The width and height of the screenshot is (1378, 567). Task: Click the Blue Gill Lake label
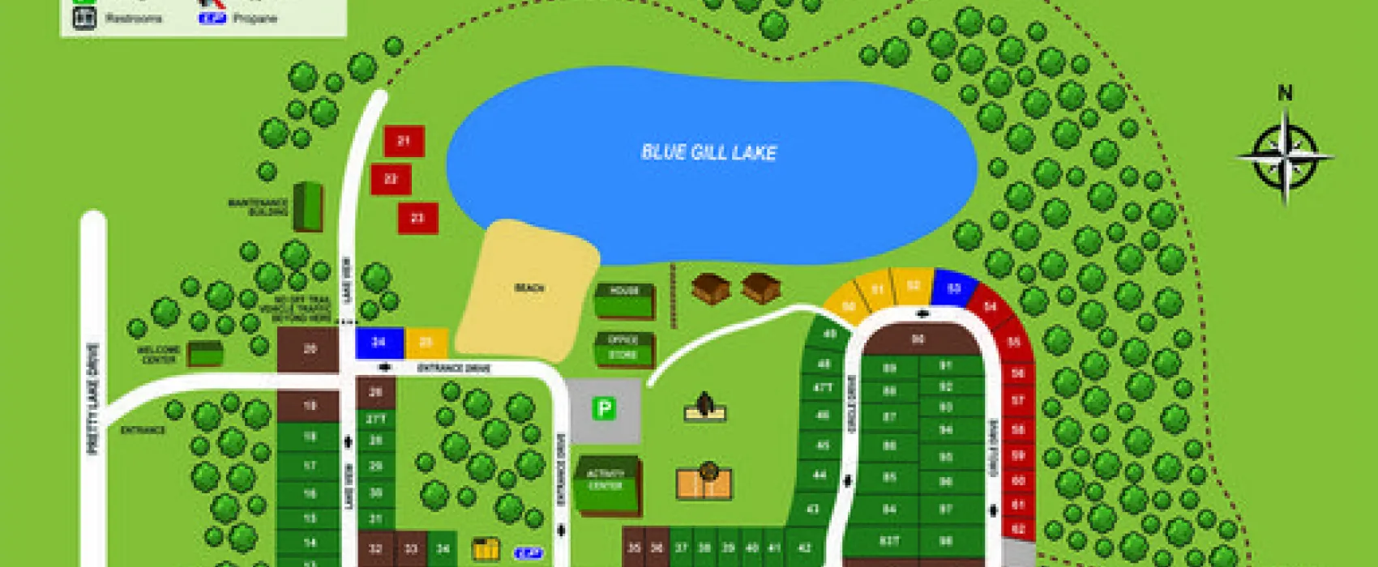tap(708, 152)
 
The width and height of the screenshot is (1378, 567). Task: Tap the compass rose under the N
tap(1285, 156)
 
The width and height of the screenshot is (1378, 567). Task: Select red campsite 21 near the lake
tap(404, 141)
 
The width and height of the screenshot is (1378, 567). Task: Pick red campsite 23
tap(417, 218)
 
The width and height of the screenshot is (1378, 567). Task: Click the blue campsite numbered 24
tap(379, 343)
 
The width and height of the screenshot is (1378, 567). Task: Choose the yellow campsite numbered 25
tap(426, 343)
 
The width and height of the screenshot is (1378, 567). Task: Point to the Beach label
tap(529, 288)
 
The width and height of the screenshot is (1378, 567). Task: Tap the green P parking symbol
tap(603, 409)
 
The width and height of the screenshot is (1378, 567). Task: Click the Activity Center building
tap(606, 484)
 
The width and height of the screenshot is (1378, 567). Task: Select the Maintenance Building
tap(307, 207)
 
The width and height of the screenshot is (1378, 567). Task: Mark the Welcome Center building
tap(205, 354)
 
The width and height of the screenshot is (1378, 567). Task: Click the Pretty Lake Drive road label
tap(93, 399)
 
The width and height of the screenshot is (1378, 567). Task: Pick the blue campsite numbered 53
tap(954, 288)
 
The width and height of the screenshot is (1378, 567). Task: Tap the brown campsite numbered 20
tap(309, 349)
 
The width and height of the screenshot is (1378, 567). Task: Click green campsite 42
tap(804, 547)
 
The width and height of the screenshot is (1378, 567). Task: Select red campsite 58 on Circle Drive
tap(1018, 429)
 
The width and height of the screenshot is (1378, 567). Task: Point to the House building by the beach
tap(624, 301)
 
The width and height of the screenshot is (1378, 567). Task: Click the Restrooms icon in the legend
tap(83, 18)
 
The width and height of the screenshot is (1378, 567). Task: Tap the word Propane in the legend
tap(255, 18)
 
